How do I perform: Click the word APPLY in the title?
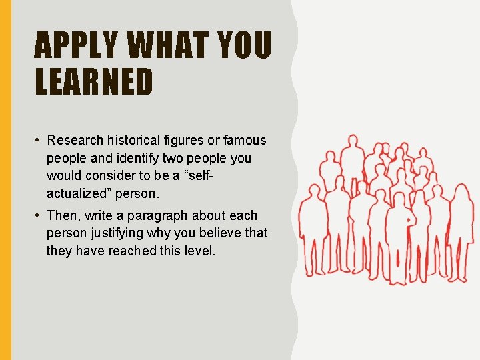pyautogui.click(x=75, y=46)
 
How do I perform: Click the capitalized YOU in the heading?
pyautogui.click(x=247, y=46)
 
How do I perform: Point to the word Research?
pyautogui.click(x=75, y=141)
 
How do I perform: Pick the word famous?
pyautogui.click(x=245, y=141)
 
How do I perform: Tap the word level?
pyautogui.click(x=200, y=251)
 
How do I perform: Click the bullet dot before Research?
pyautogui.click(x=39, y=141)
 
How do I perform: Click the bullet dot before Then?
pyautogui.click(x=39, y=216)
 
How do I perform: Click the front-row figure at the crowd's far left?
pyautogui.click(x=311, y=230)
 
